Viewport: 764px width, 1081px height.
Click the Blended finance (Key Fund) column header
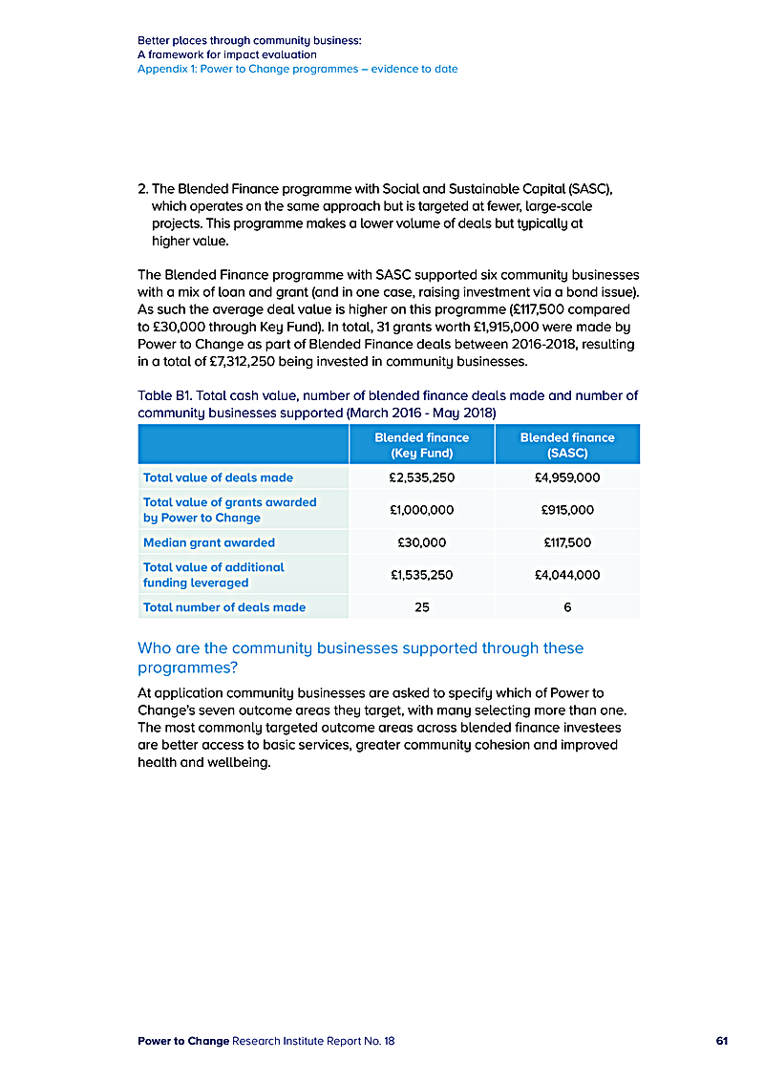(x=421, y=445)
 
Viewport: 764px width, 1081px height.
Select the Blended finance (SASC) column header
(x=567, y=445)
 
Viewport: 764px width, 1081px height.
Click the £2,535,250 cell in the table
(x=421, y=477)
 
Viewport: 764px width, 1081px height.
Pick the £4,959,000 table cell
(x=567, y=477)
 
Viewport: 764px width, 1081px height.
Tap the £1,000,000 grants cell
(x=421, y=510)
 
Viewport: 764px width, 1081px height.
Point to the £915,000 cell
(x=567, y=510)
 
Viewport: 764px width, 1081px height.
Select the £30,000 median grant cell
(x=421, y=542)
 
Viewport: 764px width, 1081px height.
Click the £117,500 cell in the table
(x=567, y=542)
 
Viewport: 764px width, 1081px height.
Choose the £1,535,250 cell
(x=421, y=575)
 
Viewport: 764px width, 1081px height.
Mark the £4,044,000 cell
(x=567, y=575)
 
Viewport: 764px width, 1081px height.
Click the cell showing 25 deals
(x=421, y=607)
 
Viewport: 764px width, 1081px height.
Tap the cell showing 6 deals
(x=567, y=607)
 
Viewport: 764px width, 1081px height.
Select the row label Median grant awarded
(x=209, y=542)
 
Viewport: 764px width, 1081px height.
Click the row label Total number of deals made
(x=224, y=607)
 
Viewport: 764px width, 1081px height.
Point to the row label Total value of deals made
(x=218, y=477)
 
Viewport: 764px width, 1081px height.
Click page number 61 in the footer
(x=722, y=1041)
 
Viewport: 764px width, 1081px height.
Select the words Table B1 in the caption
(x=164, y=395)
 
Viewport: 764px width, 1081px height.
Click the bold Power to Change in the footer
(x=183, y=1041)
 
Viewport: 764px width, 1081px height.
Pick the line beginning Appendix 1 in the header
(x=297, y=69)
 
